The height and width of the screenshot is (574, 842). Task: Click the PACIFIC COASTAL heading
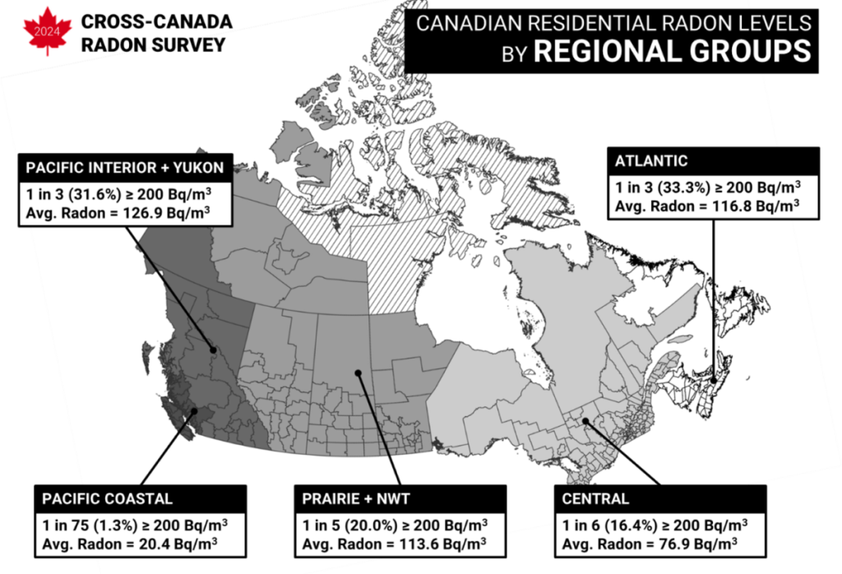pyautogui.click(x=108, y=498)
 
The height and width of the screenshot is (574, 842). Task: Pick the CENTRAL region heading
pyautogui.click(x=595, y=498)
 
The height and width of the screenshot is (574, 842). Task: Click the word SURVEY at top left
pyautogui.click(x=192, y=44)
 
